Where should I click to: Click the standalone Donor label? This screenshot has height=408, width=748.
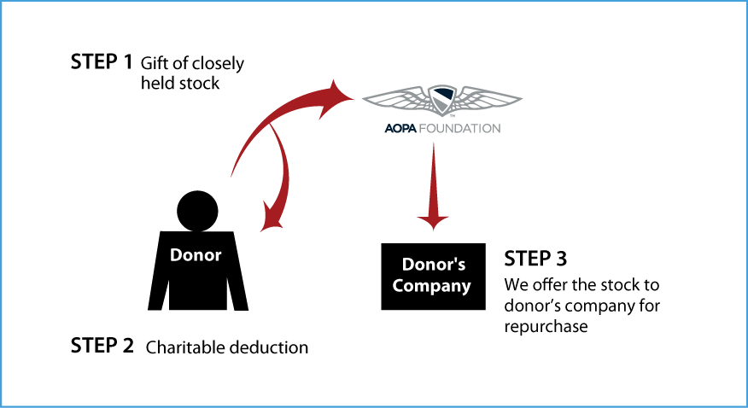(196, 255)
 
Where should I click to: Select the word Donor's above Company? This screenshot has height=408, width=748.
(433, 265)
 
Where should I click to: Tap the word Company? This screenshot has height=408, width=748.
(431, 286)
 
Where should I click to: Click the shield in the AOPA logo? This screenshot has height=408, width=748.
(441, 100)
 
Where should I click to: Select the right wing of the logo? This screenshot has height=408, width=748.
(488, 98)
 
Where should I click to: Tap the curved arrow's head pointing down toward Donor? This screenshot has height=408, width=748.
(272, 219)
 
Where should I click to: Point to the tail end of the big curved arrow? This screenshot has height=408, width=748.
(232, 175)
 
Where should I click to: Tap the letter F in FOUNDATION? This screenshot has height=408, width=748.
(421, 129)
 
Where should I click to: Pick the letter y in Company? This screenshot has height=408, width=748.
(465, 289)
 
